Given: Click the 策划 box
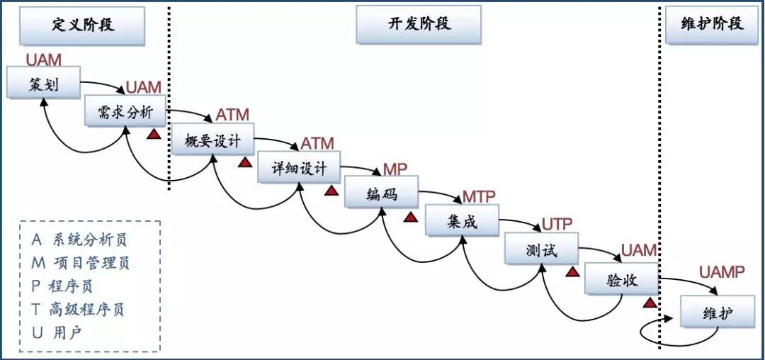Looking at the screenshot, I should pos(43,84).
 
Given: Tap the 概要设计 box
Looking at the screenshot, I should pos(212,141).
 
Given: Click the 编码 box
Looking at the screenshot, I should pos(382,195).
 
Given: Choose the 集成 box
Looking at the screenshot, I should pos(463,221).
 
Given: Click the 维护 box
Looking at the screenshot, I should pos(718,312).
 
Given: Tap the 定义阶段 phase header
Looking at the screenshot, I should pos(84,26).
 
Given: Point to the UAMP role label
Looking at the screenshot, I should pos(722,272).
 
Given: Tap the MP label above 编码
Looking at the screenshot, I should pos(395,169).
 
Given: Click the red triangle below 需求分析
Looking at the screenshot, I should pos(152,134).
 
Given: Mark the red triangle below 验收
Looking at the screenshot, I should pos(649,303).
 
